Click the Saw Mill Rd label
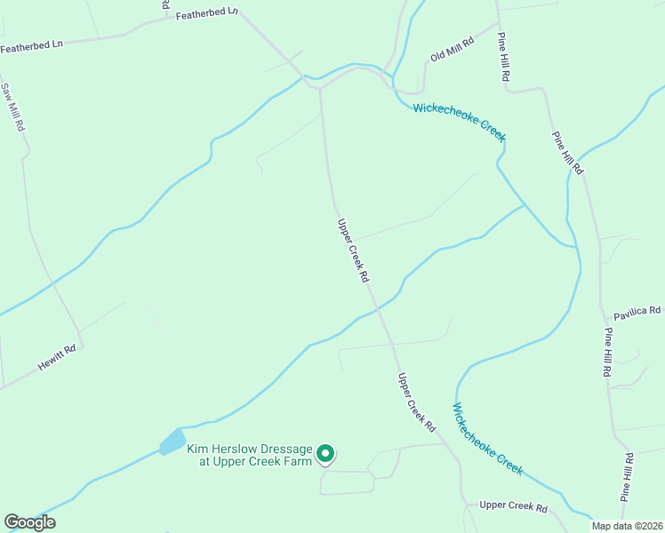click(x=13, y=107)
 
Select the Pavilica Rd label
click(x=637, y=311)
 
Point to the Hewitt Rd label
click(x=57, y=357)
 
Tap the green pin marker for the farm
click(x=326, y=455)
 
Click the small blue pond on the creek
click(x=172, y=442)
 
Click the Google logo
click(x=30, y=522)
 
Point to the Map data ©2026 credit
click(x=627, y=526)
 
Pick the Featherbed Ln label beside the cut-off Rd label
click(x=207, y=14)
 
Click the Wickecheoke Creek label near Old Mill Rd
click(x=459, y=122)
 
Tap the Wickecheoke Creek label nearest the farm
click(x=487, y=439)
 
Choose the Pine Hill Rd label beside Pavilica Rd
click(x=609, y=354)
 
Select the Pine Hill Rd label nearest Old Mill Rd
click(x=503, y=59)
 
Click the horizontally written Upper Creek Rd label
click(x=513, y=506)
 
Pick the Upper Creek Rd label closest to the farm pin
click(x=416, y=402)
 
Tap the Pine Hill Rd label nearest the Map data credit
click(x=629, y=478)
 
